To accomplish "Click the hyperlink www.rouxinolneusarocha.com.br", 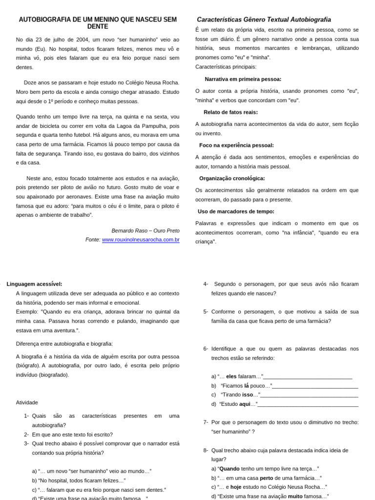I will coord(141,240).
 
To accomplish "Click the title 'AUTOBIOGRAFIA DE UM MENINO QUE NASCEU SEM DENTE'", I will coord(98,23).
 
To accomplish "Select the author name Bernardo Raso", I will coord(129,230).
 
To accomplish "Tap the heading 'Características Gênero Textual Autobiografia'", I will coord(264,20).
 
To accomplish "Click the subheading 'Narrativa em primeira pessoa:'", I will coord(243,79).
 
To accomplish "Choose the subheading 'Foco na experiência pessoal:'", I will coord(236,146).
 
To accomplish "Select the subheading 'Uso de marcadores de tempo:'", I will coord(236,212).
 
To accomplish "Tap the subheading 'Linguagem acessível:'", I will coord(34,284).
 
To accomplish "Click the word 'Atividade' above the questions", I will coord(27,403).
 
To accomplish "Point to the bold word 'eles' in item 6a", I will coord(231,376).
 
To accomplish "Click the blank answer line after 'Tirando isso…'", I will coord(309,395).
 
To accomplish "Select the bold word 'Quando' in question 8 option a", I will coord(229,469).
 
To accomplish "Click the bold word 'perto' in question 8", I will coord(266,478).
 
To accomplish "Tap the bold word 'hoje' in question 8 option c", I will coord(236,487).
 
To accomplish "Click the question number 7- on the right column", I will coord(206,422).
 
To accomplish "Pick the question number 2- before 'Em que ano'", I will coord(26,435).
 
